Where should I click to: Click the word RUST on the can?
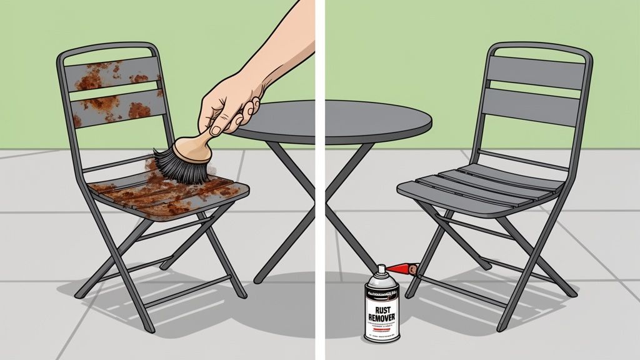pyautogui.click(x=382, y=308)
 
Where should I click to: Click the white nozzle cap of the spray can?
pyautogui.click(x=381, y=270)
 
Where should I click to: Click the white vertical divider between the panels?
pyautogui.click(x=320, y=187)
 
